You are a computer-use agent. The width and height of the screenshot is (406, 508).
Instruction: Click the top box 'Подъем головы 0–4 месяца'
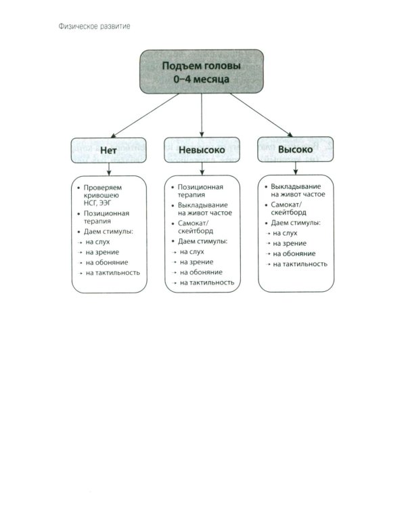201,71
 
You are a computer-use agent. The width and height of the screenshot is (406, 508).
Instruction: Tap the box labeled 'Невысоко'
202,150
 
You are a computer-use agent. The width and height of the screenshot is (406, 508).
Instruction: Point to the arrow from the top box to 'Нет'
145,115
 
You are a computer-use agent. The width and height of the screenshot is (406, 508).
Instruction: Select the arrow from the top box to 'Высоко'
257,114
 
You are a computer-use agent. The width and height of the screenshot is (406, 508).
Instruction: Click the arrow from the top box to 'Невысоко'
202,115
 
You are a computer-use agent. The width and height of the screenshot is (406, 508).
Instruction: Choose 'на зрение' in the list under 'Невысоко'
197,261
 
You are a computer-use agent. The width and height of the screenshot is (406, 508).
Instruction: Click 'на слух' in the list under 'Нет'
97,241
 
